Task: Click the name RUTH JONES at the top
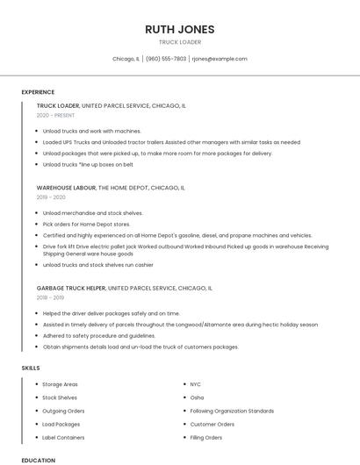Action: (179, 29)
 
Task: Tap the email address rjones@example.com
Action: (219, 59)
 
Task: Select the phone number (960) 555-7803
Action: (166, 59)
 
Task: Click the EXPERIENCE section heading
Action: (38, 92)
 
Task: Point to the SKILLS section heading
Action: (31, 368)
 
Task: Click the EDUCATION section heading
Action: (38, 460)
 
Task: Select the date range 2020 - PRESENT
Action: (55, 115)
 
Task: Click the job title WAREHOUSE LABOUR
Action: (66, 188)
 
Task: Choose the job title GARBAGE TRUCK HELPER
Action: (71, 288)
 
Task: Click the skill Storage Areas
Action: (61, 384)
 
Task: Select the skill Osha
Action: (198, 397)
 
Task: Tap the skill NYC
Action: (196, 384)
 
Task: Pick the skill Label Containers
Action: (63, 437)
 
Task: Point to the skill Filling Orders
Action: (206, 437)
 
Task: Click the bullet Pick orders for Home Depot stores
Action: (86, 224)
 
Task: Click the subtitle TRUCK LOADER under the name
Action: (179, 42)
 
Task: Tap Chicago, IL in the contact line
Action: (126, 59)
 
